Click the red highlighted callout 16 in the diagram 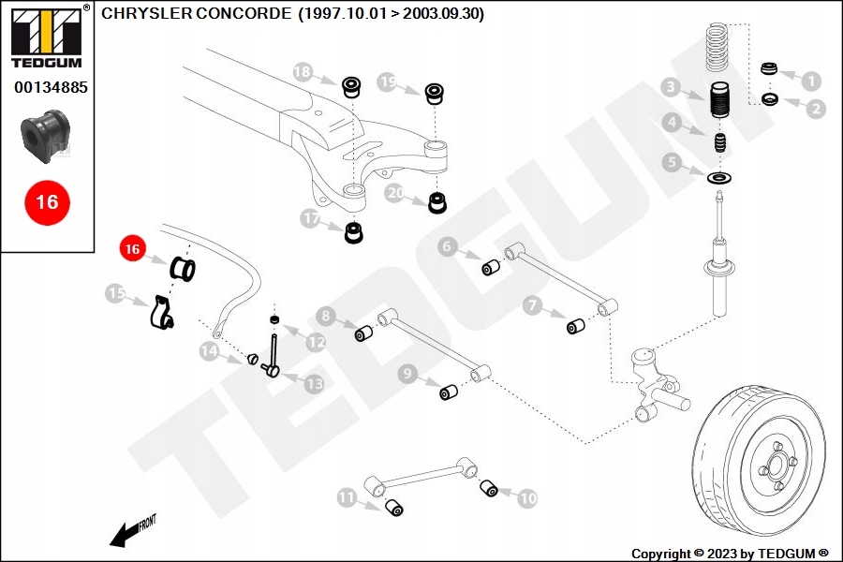(132, 249)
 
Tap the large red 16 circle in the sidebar (46, 201)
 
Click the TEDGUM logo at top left (46, 37)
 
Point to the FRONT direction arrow (132, 531)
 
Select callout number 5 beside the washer (670, 163)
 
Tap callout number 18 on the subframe (303, 71)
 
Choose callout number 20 (394, 194)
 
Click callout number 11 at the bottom (348, 498)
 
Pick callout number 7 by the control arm (533, 305)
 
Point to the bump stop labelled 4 (719, 144)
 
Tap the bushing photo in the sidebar (46, 136)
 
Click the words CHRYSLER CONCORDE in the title (196, 15)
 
